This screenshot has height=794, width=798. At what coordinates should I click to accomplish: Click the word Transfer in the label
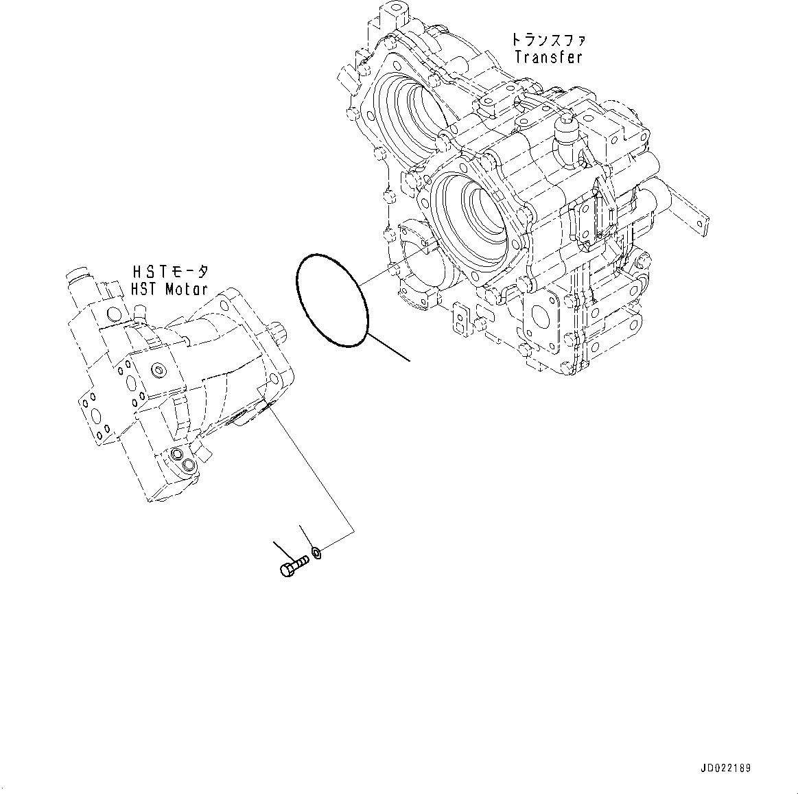(x=548, y=57)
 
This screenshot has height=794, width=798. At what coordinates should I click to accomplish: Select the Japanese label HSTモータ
(x=167, y=272)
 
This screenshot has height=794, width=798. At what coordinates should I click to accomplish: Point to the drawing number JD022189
(x=727, y=768)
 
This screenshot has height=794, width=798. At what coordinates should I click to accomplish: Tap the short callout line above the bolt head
(x=281, y=549)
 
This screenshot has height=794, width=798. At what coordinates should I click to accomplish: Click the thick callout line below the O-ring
(x=390, y=347)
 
